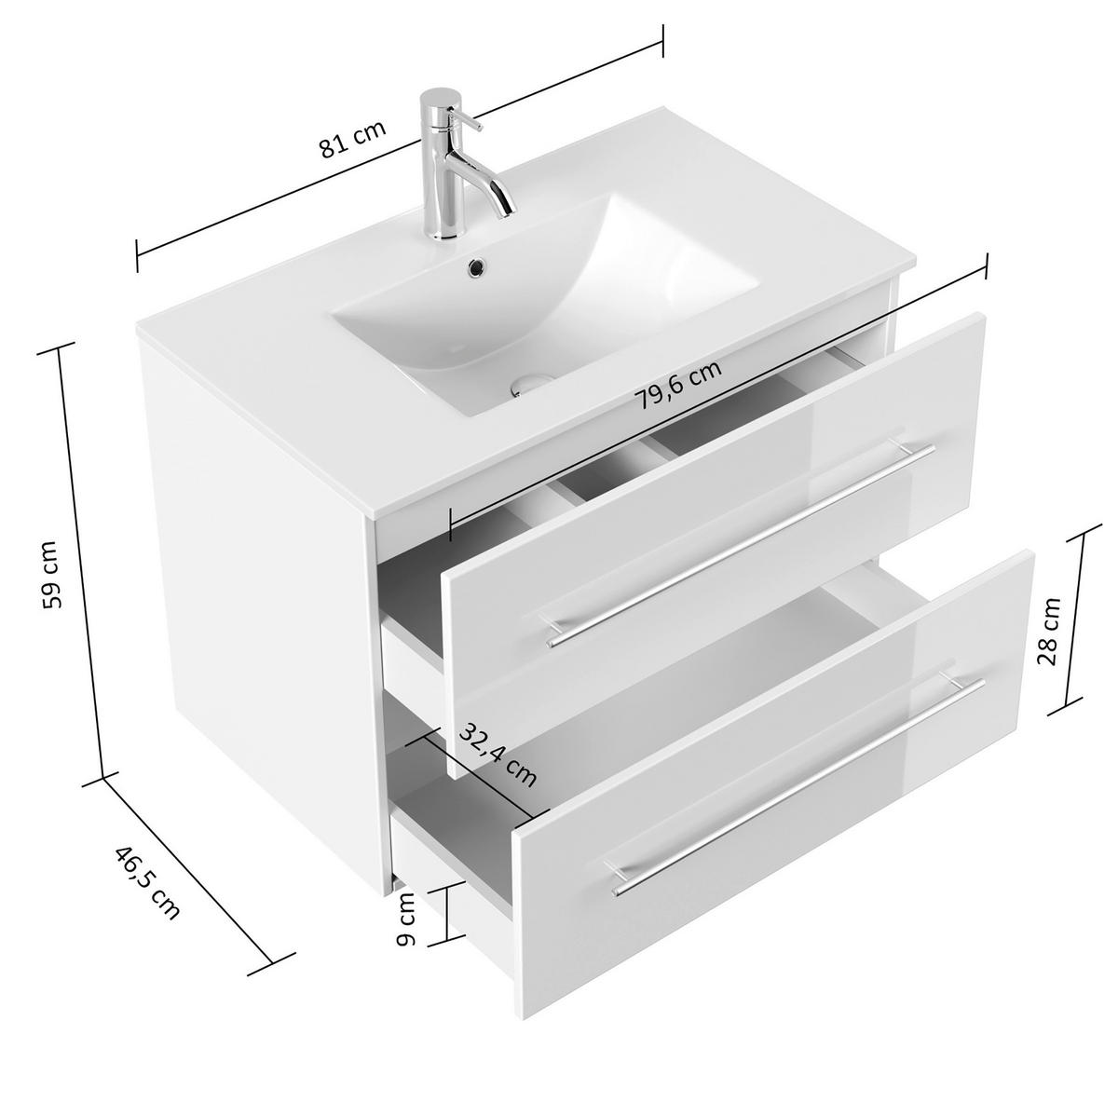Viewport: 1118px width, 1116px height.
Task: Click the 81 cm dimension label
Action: pos(352,140)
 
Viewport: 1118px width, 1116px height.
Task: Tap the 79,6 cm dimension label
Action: pos(679,385)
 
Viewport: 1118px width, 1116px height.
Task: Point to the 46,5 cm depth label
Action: pos(145,882)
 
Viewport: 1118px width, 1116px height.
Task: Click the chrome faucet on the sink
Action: pos(440,163)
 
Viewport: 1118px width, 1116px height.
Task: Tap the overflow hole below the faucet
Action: pos(477,265)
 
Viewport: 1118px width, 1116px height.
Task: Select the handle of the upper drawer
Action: pos(741,544)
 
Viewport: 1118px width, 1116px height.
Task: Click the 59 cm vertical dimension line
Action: pos(81,559)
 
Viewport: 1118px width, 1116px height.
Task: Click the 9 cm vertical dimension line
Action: pos(448,913)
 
